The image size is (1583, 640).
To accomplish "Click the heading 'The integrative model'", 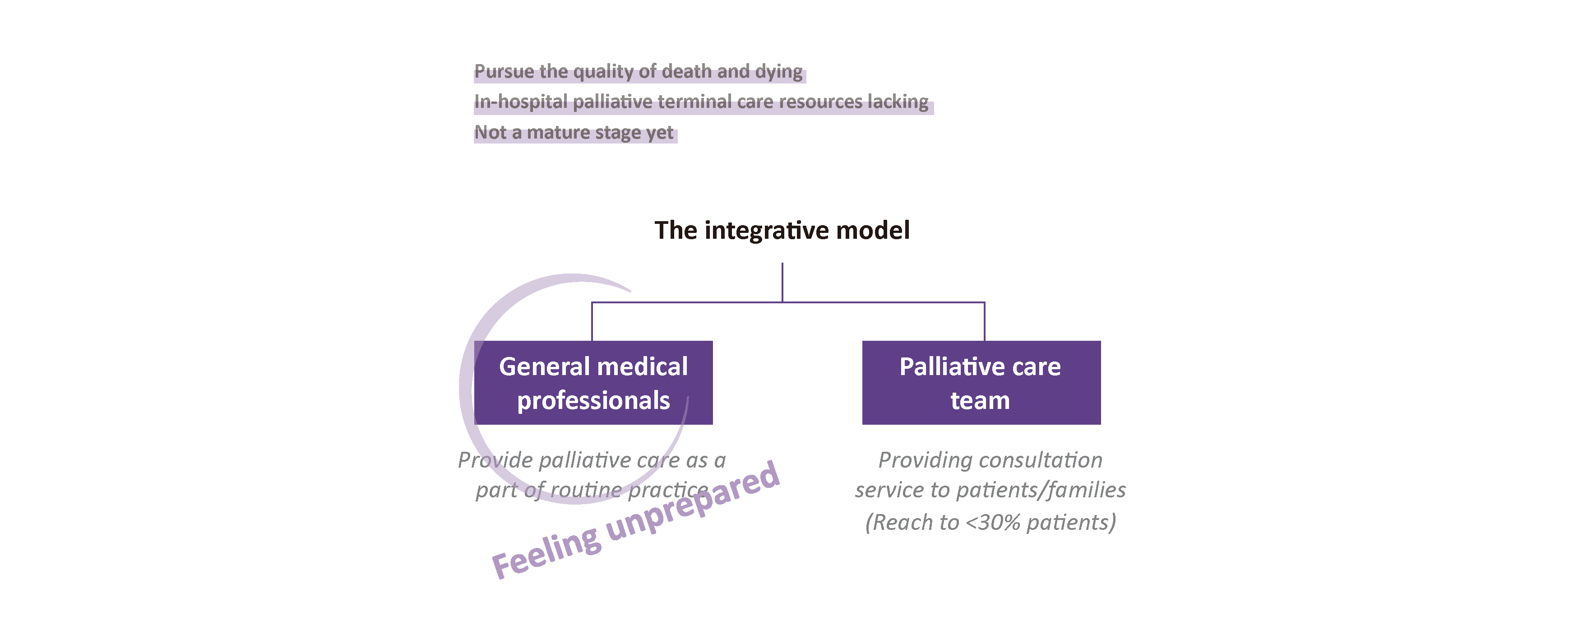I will pos(782,231).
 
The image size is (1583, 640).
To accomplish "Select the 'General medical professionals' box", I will pos(593,382).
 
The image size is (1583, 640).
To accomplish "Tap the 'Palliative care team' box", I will pos(981,382).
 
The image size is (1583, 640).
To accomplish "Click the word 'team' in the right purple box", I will pos(980,401).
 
